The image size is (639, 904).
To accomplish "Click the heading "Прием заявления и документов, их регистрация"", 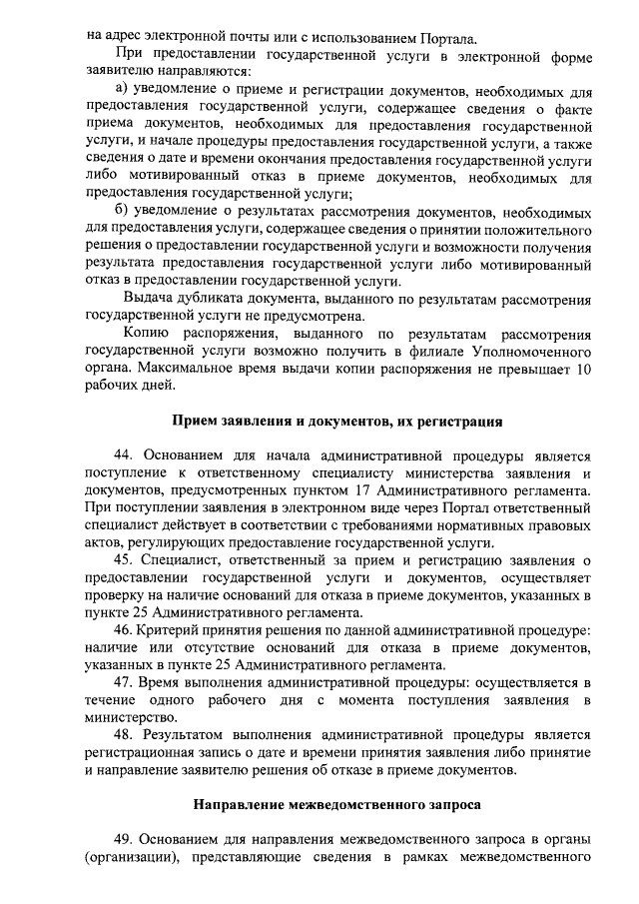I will (x=337, y=420).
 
